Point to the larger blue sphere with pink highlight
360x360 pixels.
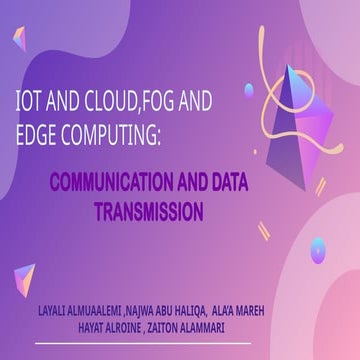pyautogui.click(x=318, y=250)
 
